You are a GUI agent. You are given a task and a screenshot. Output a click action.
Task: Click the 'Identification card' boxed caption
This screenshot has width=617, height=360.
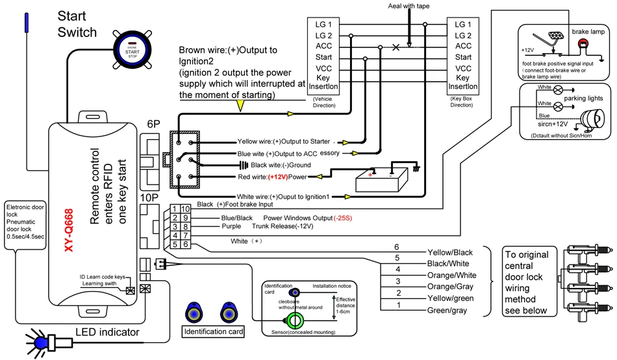214,332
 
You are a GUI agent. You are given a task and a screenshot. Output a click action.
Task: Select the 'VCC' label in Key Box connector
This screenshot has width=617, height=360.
463,68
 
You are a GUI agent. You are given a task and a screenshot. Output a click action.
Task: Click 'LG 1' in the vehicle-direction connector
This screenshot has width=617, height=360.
323,24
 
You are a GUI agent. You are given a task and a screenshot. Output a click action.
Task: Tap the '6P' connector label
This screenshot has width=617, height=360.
155,123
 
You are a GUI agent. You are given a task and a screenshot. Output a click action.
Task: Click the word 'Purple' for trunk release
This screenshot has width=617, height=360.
232,227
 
